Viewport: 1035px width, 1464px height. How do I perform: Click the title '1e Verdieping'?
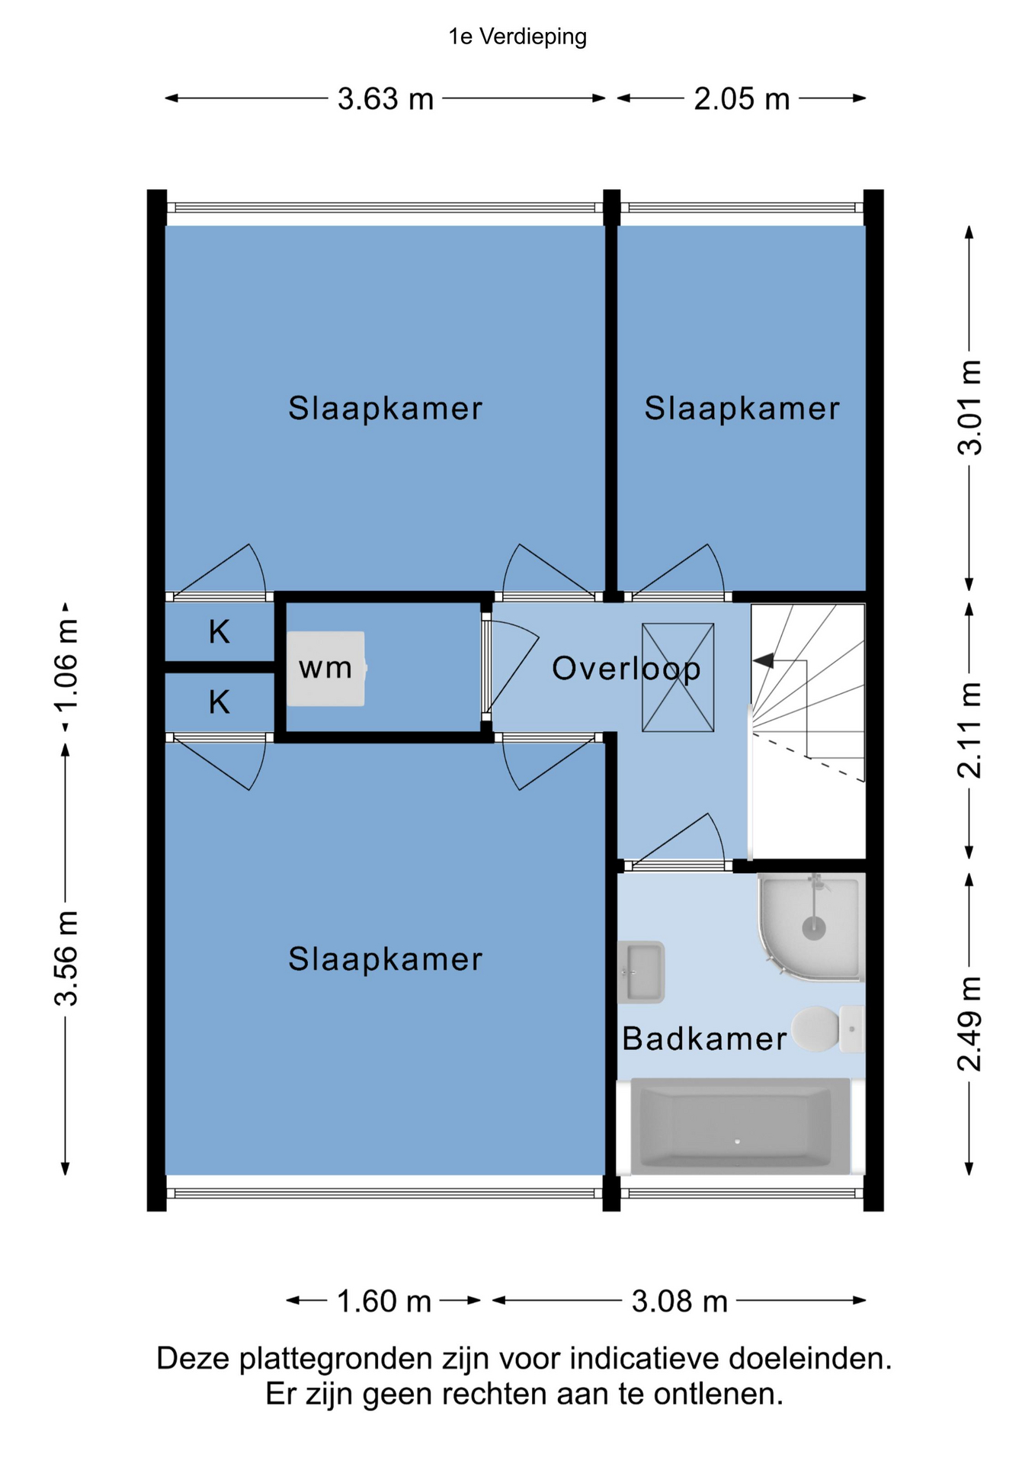coord(517,37)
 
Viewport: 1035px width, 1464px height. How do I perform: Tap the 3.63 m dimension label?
coord(386,99)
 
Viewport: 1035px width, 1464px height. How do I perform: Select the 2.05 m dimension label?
coord(742,99)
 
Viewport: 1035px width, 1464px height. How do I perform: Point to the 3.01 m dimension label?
coord(969,407)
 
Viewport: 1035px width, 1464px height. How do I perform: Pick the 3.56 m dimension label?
coord(66,958)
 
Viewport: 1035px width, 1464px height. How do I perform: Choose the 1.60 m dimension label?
coord(384,1302)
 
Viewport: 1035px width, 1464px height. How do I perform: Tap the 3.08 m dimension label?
coord(680,1302)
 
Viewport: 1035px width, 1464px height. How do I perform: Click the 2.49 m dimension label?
coord(969,1023)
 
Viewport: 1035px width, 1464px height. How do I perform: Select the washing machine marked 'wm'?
coord(326,668)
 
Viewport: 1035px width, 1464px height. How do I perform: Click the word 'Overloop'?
coord(626,669)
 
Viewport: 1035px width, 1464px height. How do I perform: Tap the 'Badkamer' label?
coord(704,1039)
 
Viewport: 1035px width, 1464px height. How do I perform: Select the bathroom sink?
coord(641,972)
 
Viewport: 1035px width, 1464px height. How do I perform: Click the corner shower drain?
coord(814,928)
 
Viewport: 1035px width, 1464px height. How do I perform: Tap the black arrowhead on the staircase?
coord(763,660)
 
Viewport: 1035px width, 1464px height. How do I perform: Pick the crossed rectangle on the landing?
coord(678,678)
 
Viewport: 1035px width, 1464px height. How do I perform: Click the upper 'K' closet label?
coord(219,632)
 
